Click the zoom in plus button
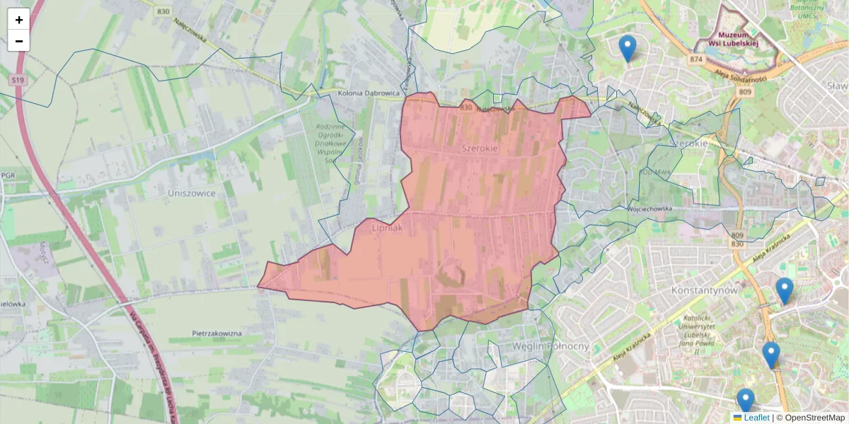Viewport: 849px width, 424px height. coord(18,20)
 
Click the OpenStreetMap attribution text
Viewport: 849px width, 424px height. coord(813,418)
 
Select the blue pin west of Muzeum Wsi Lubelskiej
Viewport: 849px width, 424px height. coord(627,49)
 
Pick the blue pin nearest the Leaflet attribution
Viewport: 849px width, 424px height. coord(746,401)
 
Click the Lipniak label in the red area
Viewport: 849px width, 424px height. coord(386,228)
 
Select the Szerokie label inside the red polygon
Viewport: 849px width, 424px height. coord(479,148)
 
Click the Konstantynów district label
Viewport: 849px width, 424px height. coord(704,290)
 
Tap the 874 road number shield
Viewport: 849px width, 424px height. coord(697,60)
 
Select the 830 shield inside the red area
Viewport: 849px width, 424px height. coord(466,108)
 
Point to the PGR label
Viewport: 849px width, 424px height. coord(8,175)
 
